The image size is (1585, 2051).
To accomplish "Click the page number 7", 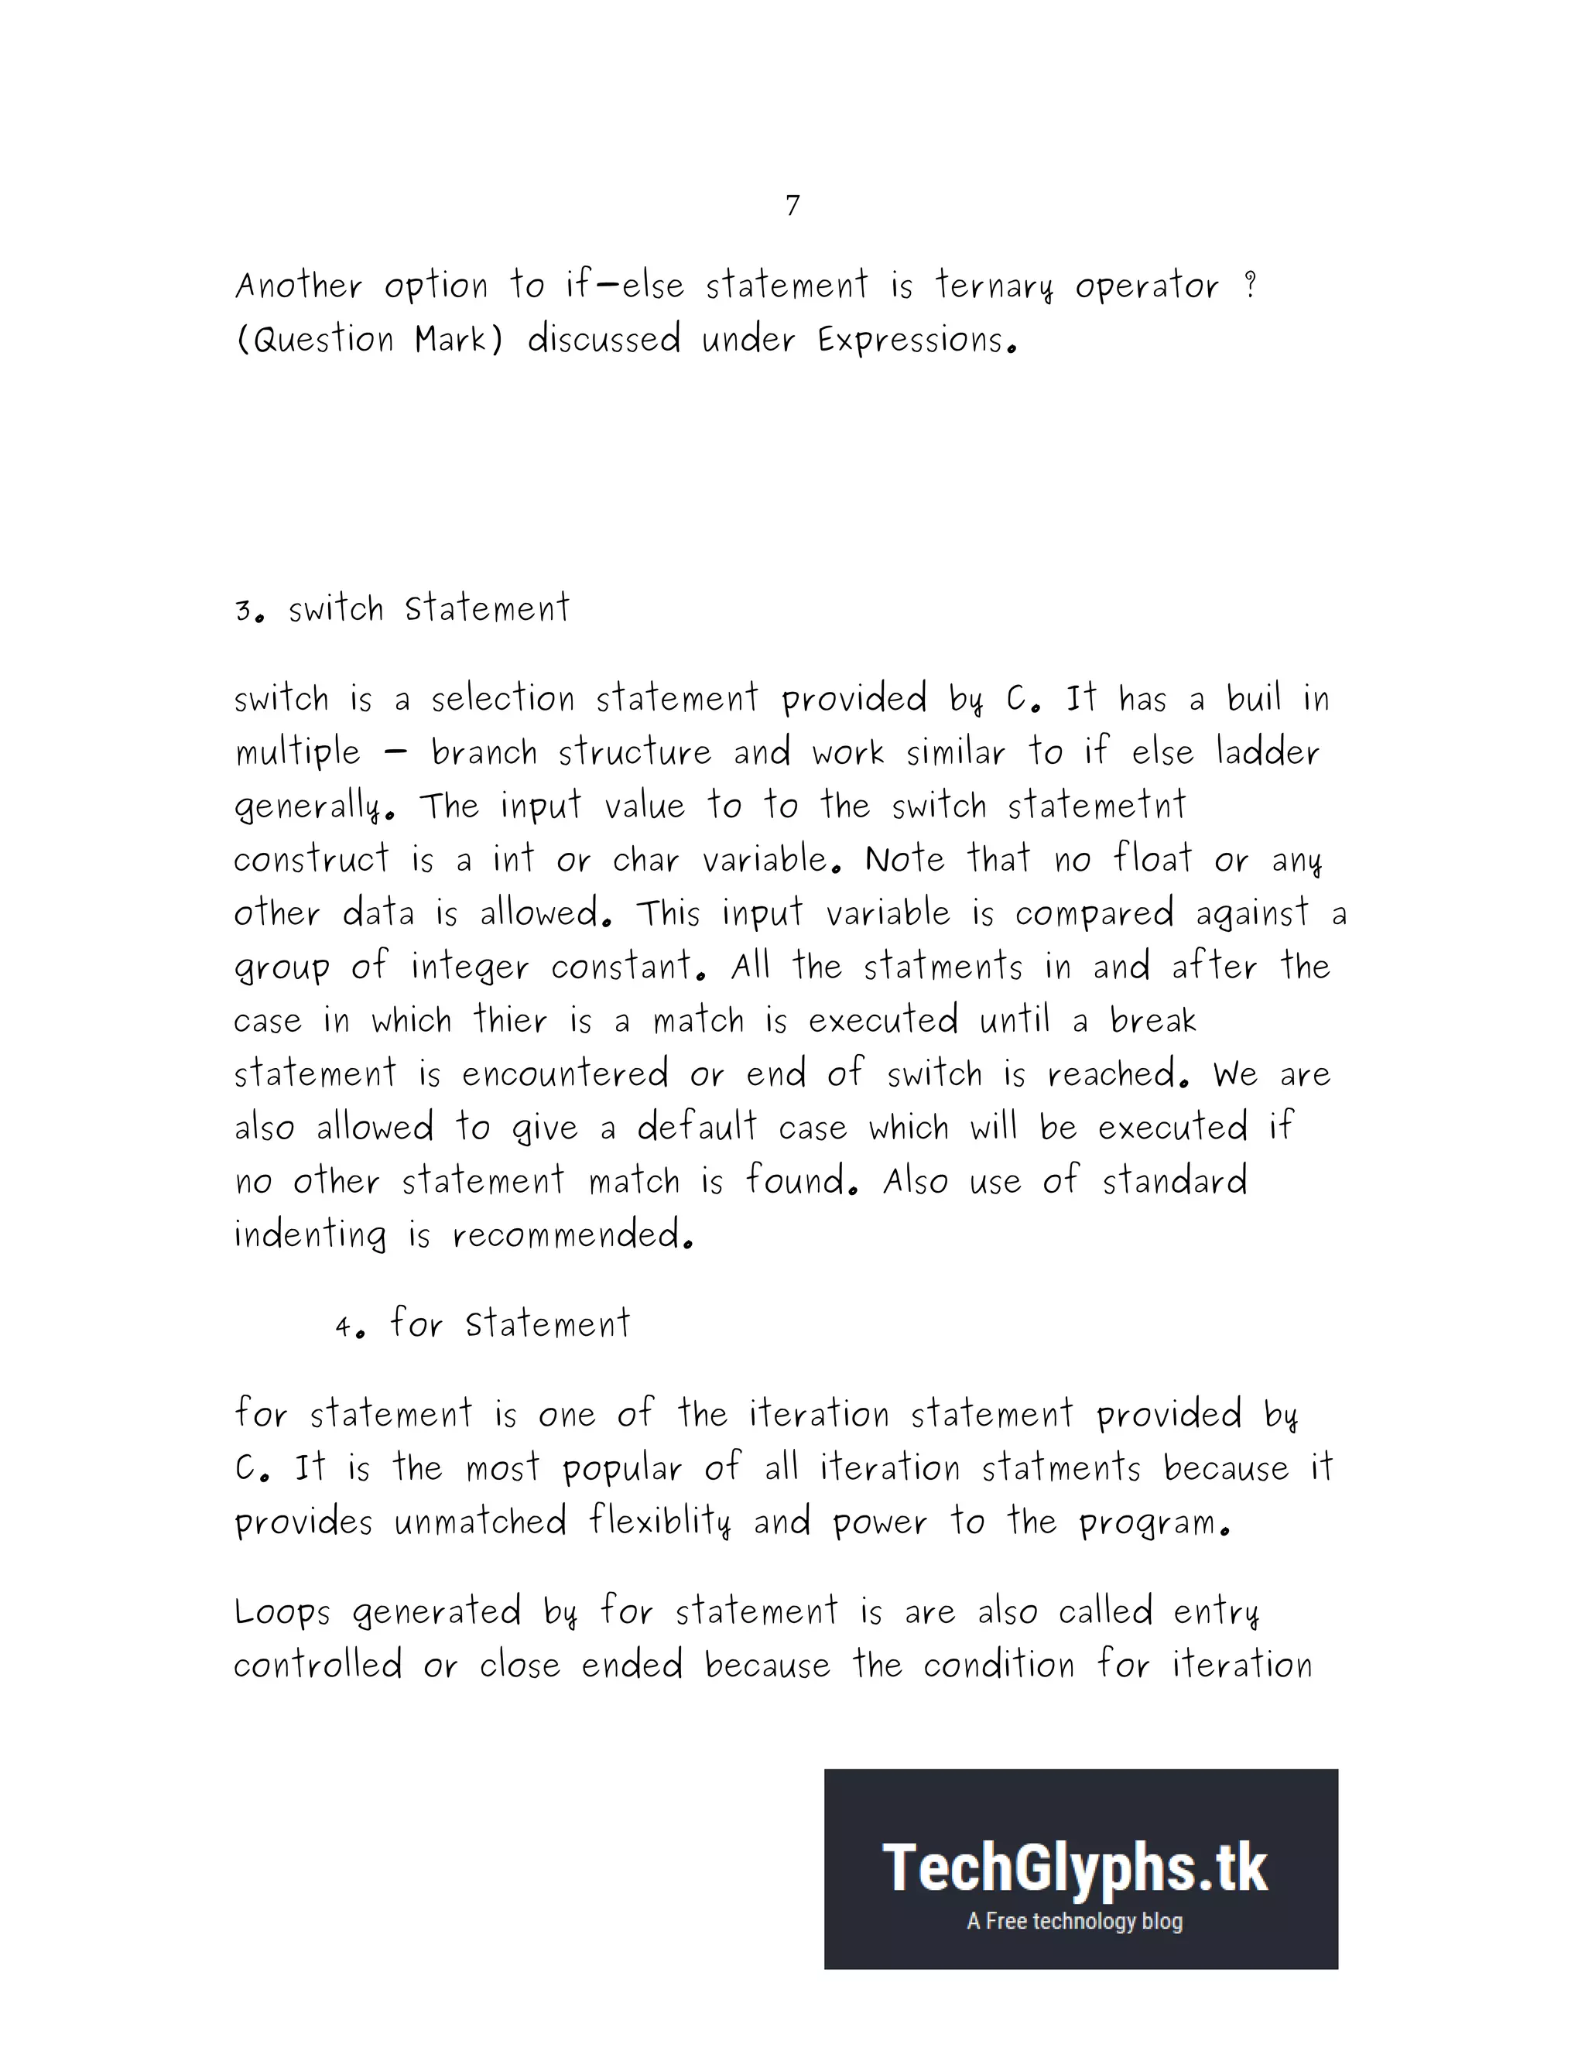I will tap(792, 205).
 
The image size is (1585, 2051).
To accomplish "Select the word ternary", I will tap(994, 286).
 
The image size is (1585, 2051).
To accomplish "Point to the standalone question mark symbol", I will tap(1250, 285).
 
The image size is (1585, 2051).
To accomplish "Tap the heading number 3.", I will tap(244, 611).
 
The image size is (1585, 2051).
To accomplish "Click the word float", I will tap(1153, 858).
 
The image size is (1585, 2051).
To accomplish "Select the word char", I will tap(646, 859).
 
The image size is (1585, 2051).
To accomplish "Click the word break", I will tap(1153, 1020).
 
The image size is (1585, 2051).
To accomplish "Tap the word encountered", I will tap(564, 1073).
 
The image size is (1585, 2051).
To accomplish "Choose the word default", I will tap(697, 1126).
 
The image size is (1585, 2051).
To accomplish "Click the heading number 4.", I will tap(345, 1327).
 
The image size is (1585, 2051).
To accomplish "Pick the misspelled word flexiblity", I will tap(660, 1522).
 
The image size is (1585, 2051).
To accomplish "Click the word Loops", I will tap(282, 1612).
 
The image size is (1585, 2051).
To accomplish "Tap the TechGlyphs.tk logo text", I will tap(1075, 1869).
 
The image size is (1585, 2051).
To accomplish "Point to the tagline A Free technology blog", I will tap(1075, 1922).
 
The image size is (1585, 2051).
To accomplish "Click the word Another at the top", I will tap(299, 286).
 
